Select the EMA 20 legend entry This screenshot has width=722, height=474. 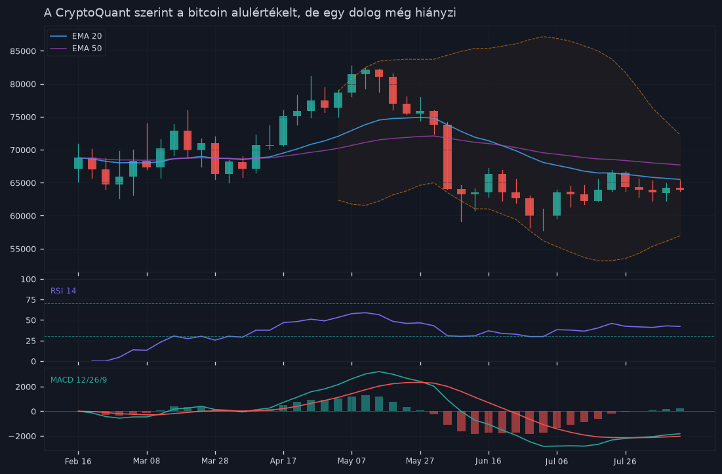(76, 36)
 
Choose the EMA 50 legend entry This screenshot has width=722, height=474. (76, 49)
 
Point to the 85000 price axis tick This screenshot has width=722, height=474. (23, 51)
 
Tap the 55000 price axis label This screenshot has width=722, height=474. (23, 249)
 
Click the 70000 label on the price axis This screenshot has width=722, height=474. (23, 150)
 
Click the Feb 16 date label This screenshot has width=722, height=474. (78, 461)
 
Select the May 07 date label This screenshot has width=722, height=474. (351, 461)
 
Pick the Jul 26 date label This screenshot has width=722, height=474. (625, 461)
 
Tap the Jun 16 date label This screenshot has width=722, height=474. (488, 461)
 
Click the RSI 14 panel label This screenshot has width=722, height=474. (64, 291)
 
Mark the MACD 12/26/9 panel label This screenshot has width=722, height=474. (79, 380)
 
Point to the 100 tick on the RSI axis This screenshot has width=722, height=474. (29, 280)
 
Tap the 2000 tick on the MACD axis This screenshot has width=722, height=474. (26, 387)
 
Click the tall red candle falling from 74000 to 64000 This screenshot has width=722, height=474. (448, 157)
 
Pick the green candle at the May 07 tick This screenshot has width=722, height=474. (351, 83)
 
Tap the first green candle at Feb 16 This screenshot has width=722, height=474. (78, 163)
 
